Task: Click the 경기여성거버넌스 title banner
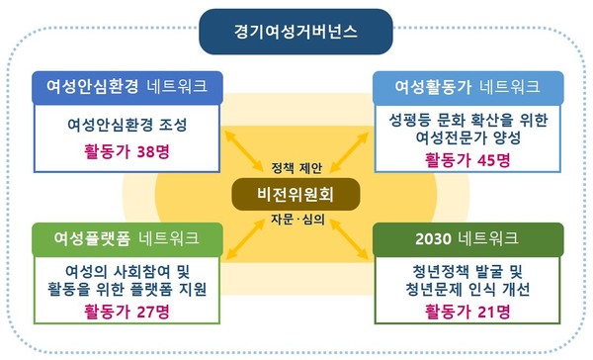tap(296, 33)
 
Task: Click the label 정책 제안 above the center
tap(296, 165)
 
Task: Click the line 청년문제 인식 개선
tap(468, 290)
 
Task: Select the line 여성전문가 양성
tap(468, 138)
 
